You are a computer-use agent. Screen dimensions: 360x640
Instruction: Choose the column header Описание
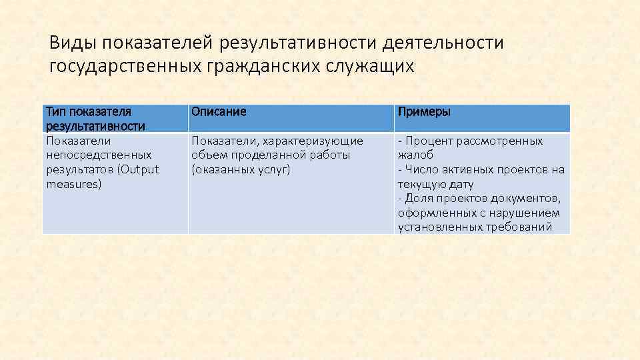pos(219,112)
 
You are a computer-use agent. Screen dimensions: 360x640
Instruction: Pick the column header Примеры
pos(424,112)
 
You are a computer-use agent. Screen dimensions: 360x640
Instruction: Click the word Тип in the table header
pos(55,112)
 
